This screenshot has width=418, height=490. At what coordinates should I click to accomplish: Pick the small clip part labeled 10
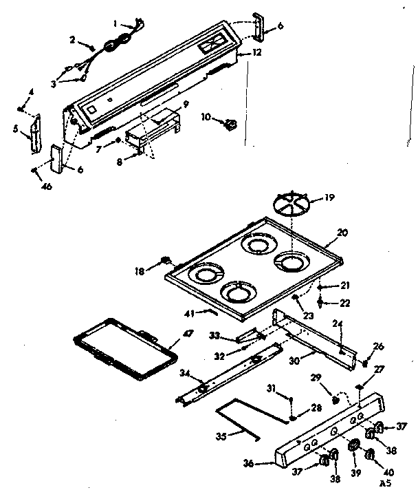[231, 125]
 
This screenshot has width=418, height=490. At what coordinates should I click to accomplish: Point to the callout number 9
[184, 105]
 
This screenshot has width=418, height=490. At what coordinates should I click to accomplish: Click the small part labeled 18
[165, 261]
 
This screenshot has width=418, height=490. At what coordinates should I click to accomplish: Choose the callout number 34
[184, 374]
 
